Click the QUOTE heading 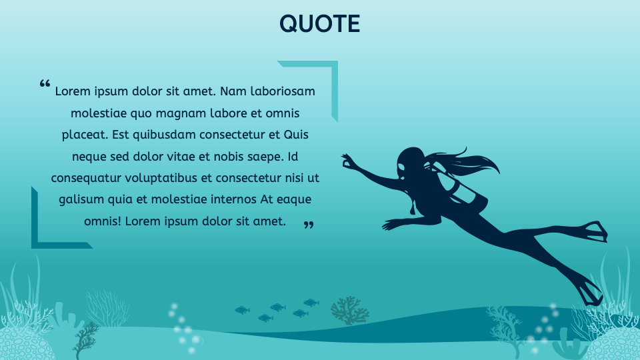[320, 24]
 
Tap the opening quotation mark [45, 84]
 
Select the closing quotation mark [308, 225]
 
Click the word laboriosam [282, 91]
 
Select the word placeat [85, 135]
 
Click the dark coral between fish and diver [349, 310]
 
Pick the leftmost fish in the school [242, 310]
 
